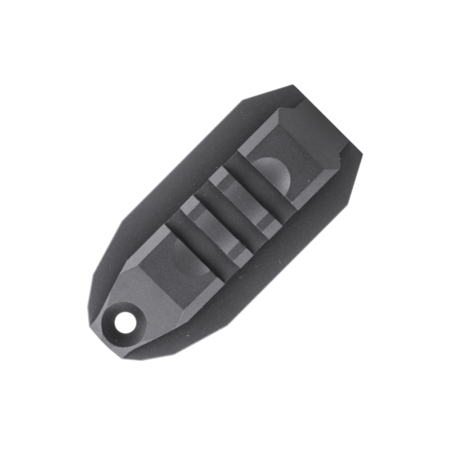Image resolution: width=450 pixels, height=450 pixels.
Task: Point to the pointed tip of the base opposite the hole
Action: [x=292, y=87]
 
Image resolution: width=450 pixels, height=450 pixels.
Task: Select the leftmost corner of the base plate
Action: [x=89, y=309]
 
